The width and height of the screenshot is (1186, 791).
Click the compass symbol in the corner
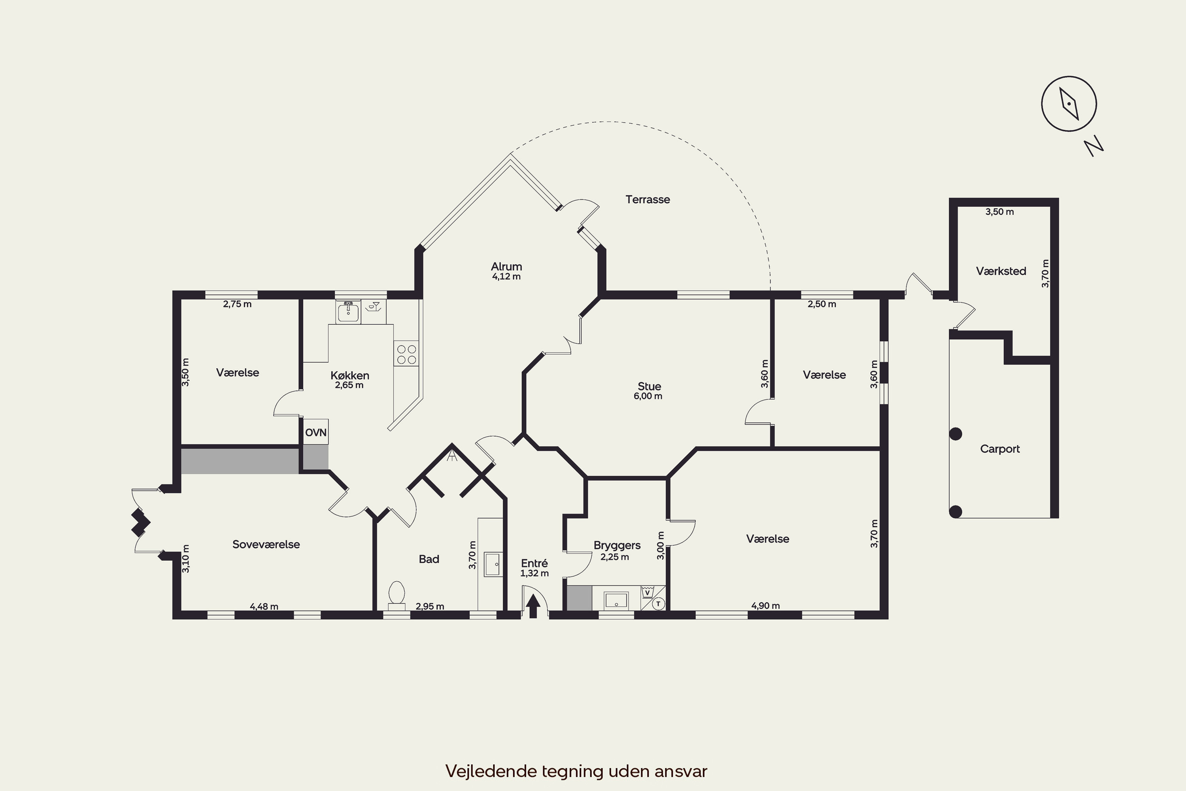[x=1069, y=104]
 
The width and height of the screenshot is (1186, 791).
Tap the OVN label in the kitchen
[x=315, y=432]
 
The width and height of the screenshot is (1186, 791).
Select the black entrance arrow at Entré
[x=533, y=607]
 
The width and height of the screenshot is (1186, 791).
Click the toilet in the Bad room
[x=397, y=596]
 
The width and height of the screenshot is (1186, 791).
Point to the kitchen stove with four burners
[x=406, y=353]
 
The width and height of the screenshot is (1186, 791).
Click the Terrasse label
[x=648, y=199]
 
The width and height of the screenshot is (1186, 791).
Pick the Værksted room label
[x=1001, y=271]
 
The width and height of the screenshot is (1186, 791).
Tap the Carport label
[x=1000, y=449]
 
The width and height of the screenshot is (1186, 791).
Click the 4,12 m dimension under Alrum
[x=506, y=276]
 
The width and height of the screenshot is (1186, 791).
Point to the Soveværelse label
[x=266, y=544]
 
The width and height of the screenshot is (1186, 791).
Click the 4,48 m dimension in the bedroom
[x=264, y=606]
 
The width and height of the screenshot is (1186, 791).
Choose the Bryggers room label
[x=617, y=545]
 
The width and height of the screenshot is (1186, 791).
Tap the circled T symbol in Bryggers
[x=658, y=604]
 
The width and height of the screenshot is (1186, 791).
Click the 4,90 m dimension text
[x=765, y=606]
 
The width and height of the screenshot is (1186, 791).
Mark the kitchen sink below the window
[x=348, y=312]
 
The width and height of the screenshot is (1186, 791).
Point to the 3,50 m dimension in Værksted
[x=999, y=212]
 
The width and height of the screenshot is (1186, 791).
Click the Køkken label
[x=350, y=375]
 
